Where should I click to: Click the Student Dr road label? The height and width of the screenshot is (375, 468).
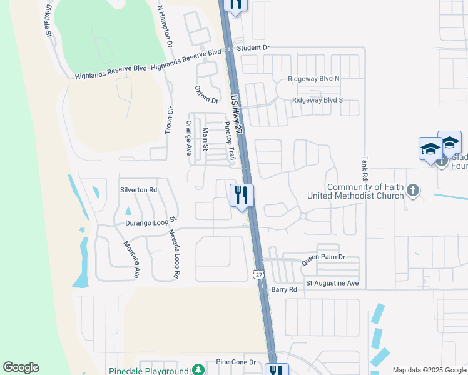(253, 47)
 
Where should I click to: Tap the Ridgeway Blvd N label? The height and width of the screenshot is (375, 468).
(313, 79)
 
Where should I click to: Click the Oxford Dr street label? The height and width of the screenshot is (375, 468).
(206, 95)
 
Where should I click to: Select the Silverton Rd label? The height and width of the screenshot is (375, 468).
(138, 189)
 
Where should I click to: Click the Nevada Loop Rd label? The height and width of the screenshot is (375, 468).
(173, 254)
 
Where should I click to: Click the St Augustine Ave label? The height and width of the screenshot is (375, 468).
(332, 283)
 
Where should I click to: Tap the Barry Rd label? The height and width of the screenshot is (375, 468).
(283, 289)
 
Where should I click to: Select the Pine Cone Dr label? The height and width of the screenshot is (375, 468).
(236, 362)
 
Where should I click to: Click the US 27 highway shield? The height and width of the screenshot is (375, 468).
(259, 274)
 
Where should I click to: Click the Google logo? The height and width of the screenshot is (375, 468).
(21, 367)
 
